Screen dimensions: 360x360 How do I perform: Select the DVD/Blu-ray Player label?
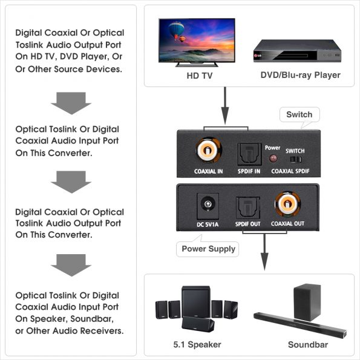click(300, 76)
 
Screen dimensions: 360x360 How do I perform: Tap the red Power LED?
click(272, 159)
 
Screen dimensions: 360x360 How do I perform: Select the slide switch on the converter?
click(295, 160)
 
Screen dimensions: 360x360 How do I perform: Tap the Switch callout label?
click(299, 114)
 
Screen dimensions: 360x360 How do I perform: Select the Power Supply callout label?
click(209, 249)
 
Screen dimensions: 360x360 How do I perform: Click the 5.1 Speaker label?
click(197, 344)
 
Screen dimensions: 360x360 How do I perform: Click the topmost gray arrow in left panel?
click(71, 103)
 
